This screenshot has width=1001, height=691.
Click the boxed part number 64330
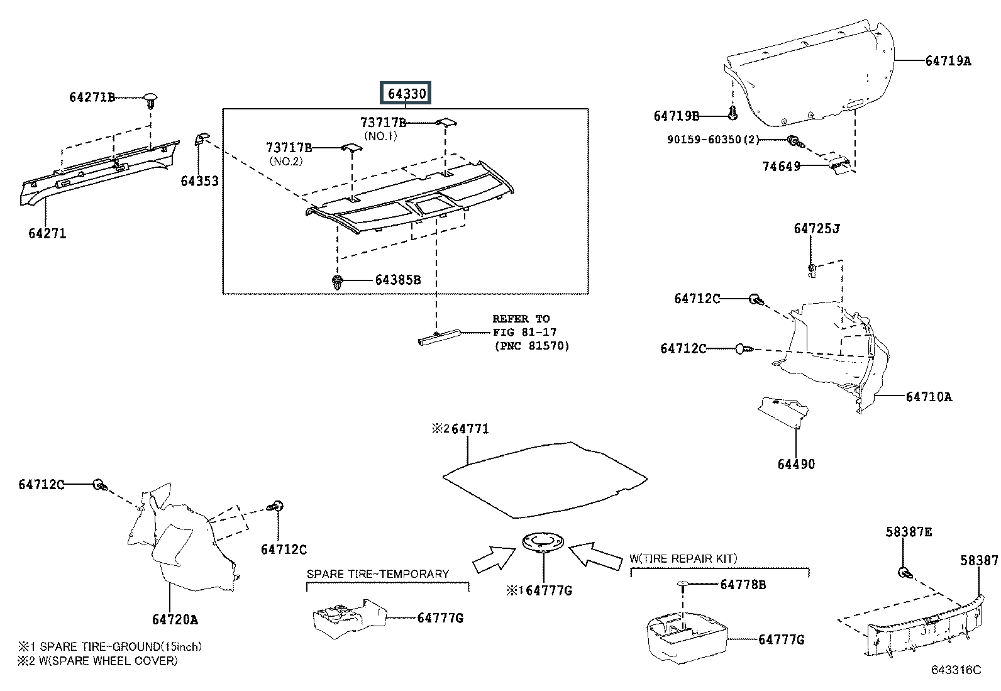click(x=406, y=94)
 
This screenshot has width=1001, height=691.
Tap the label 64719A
click(x=948, y=60)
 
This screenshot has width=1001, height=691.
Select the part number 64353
click(x=200, y=181)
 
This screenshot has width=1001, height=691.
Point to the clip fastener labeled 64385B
click(x=338, y=282)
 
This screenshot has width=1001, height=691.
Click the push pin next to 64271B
click(x=151, y=101)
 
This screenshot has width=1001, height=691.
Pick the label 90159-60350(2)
click(x=713, y=140)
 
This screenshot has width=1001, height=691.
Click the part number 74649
click(x=781, y=166)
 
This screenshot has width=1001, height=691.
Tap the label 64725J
click(x=817, y=228)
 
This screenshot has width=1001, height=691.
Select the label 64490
click(x=796, y=464)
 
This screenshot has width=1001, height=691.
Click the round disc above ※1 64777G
click(x=543, y=542)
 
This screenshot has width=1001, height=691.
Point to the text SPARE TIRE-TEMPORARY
click(x=378, y=573)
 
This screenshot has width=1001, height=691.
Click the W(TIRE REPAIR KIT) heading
click(x=683, y=558)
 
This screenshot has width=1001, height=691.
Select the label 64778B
click(x=743, y=584)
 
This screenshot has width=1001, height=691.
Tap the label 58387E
click(x=909, y=532)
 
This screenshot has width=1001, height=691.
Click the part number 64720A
click(x=175, y=619)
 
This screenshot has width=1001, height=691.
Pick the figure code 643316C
click(x=956, y=670)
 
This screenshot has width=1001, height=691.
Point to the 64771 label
click(x=470, y=429)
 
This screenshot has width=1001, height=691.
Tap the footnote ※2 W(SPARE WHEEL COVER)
click(x=97, y=661)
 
